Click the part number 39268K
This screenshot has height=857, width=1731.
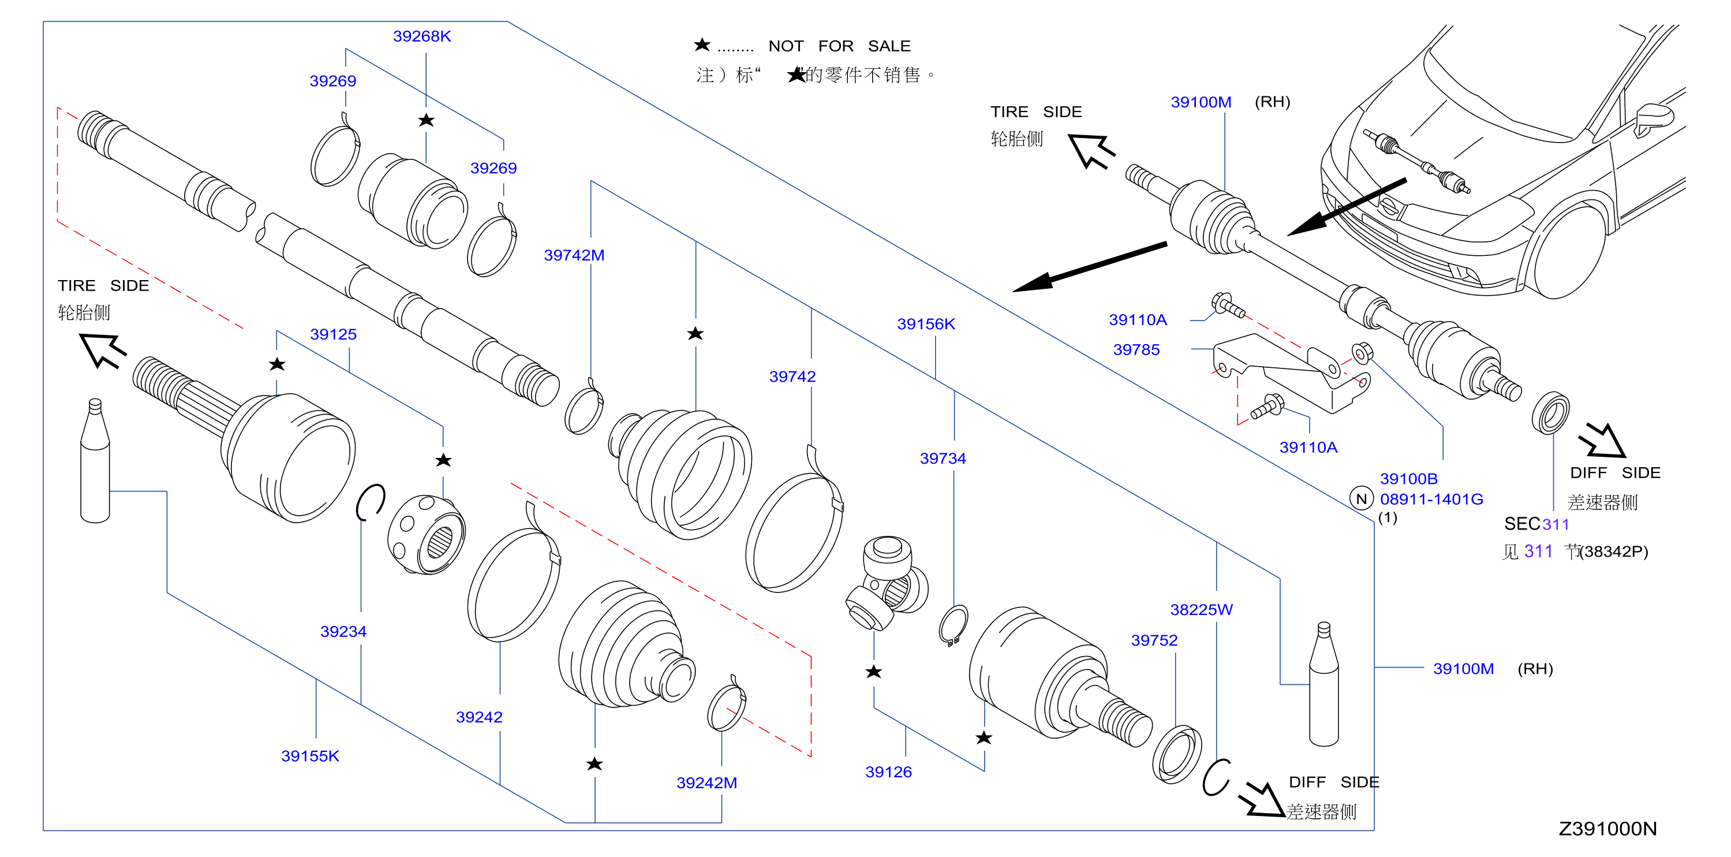(422, 36)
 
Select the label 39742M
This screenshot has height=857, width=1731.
(574, 255)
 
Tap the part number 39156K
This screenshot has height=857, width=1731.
(926, 324)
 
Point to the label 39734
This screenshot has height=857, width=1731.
(943, 459)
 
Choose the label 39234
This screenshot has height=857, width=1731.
(343, 632)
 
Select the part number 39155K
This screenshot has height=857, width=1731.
(311, 756)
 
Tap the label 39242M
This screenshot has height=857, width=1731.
(706, 783)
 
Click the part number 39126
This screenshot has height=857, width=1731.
(888, 772)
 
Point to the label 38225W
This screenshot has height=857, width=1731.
(1202, 610)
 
